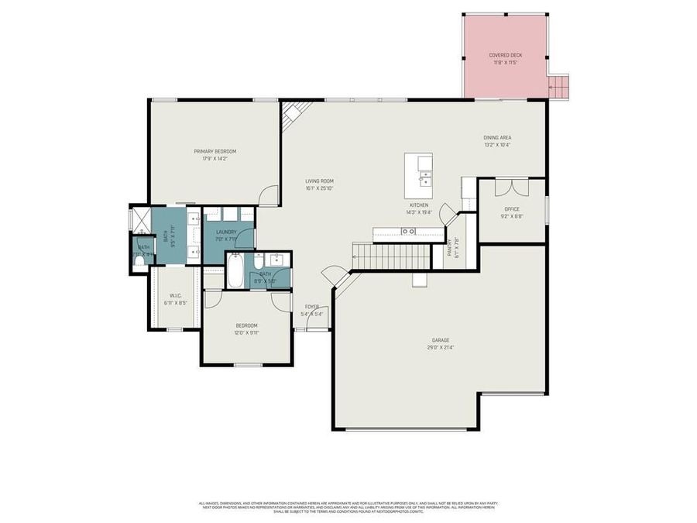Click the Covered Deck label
[x=503, y=55]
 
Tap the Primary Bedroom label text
[x=215, y=151]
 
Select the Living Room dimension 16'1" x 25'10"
[x=319, y=188]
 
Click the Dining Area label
[x=497, y=137]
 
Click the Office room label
[x=511, y=209]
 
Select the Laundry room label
[x=226, y=232]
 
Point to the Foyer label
[x=311, y=307]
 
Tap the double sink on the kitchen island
[x=424, y=179]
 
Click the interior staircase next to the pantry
[x=391, y=255]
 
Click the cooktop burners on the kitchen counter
[x=408, y=231]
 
